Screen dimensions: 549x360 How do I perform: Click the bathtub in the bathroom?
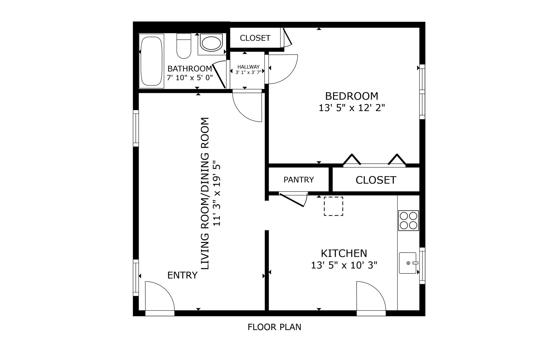click(x=151, y=61)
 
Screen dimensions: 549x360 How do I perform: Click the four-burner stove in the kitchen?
click(x=408, y=220)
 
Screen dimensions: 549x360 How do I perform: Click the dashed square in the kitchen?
click(x=333, y=206)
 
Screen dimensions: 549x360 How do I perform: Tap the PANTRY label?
click(x=299, y=179)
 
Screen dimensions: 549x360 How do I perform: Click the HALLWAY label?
click(x=248, y=67)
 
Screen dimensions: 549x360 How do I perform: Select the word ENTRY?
click(x=182, y=275)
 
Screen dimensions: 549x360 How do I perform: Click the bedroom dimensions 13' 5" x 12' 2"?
click(x=352, y=108)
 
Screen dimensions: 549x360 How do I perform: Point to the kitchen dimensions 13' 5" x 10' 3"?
click(x=344, y=265)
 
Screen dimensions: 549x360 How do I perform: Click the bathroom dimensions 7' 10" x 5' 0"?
click(x=190, y=77)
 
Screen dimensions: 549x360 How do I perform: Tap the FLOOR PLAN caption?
click(x=274, y=327)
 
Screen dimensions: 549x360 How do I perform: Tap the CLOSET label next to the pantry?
click(x=376, y=180)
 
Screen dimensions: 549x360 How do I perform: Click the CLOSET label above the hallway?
click(x=255, y=38)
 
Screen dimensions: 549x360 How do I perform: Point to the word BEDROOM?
click(x=352, y=96)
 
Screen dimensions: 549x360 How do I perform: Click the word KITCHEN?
click(x=344, y=253)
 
